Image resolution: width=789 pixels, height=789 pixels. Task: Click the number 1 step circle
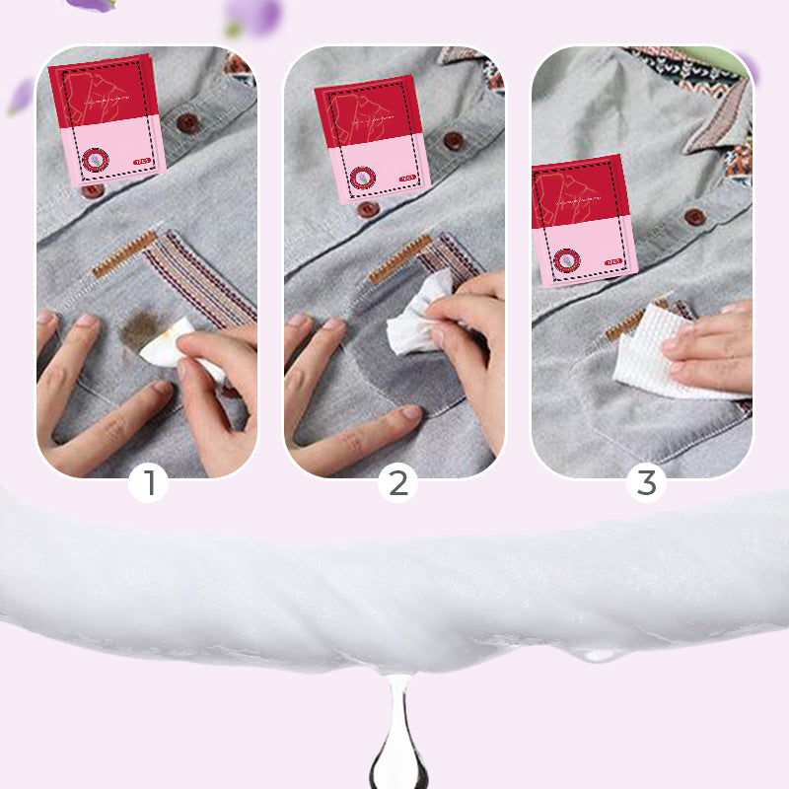tap(149, 483)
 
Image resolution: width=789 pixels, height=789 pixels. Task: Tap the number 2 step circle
tap(397, 483)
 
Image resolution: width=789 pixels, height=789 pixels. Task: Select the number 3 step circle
tap(646, 483)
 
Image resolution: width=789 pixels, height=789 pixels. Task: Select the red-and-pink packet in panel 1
tap(107, 119)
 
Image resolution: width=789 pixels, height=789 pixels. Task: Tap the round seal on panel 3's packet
tap(566, 260)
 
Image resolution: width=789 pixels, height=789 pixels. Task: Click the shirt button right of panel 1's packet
tap(187, 123)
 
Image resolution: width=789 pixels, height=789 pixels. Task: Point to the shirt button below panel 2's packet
tap(367, 208)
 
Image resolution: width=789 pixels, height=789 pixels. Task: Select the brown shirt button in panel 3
tap(696, 217)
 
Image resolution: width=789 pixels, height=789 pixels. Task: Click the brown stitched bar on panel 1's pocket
tap(124, 254)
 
